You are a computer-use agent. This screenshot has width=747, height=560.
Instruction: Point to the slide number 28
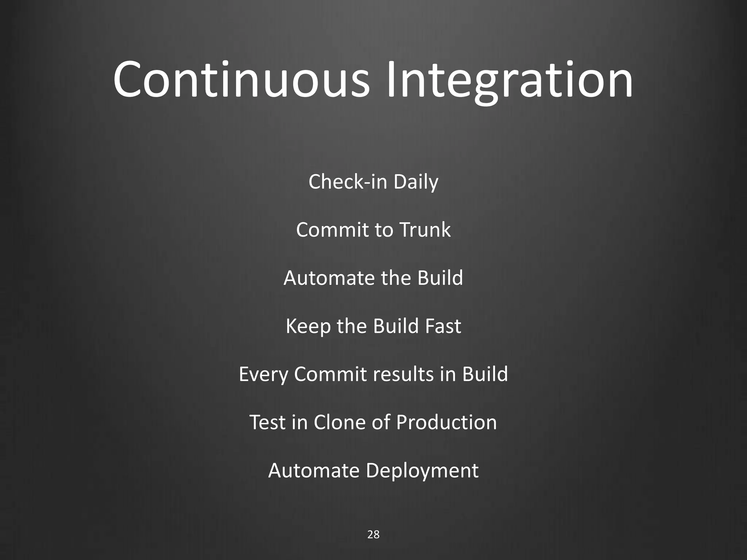[373, 534]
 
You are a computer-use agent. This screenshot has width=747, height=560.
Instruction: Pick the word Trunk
[425, 230]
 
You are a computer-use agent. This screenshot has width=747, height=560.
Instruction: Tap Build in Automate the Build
[440, 278]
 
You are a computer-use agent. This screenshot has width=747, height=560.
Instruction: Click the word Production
[446, 422]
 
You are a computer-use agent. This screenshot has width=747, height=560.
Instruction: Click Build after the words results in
[485, 374]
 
